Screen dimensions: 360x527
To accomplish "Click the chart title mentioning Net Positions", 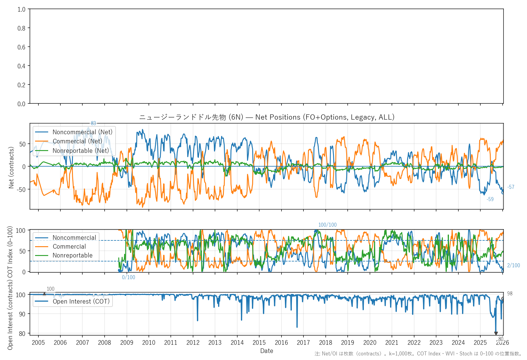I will pos(267,117).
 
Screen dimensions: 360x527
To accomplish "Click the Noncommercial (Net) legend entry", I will pos(82,132).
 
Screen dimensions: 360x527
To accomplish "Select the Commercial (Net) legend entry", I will pos(77,141).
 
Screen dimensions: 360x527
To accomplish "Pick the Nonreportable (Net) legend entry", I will pos(81,151).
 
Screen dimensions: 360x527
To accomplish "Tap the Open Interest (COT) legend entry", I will pos(81,301).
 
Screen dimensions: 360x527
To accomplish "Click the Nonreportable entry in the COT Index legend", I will pos(73,255).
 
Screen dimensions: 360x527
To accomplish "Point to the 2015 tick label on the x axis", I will pos(259,343).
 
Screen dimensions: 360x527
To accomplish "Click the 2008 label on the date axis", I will pos(105,343).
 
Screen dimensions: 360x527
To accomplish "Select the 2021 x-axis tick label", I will pos(392,343).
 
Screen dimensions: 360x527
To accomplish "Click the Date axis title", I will pos(267,351).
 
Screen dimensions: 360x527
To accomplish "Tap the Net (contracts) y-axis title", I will pos(11,167).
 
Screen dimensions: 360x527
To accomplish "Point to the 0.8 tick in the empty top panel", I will pos(21,28).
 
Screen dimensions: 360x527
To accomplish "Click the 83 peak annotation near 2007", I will pos(93,123).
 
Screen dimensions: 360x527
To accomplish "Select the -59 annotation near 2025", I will pos(490,199).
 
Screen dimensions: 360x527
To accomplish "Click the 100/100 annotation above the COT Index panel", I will pos(327,225).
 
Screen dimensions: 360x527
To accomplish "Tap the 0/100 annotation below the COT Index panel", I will pos(128,277).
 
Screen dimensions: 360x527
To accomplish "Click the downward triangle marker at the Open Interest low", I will pos(496,333).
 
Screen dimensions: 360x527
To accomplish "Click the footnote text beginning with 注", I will pos(418,354).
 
